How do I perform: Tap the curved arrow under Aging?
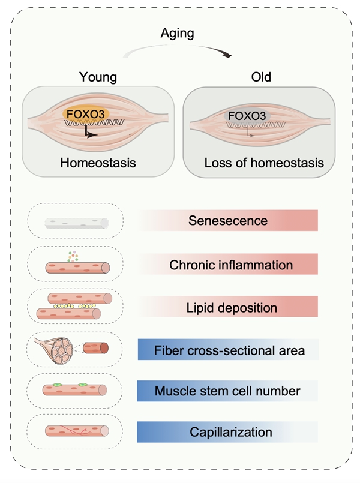(180, 50)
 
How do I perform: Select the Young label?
(98, 77)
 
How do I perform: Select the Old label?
(261, 77)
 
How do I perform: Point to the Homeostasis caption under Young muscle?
(98, 163)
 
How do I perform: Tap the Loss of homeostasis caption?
(264, 163)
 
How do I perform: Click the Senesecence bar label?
(228, 220)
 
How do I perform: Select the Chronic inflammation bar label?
(231, 264)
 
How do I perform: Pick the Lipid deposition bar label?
(231, 307)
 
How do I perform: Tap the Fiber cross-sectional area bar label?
(229, 350)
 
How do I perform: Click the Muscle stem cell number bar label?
(228, 391)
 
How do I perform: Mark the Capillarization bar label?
(231, 432)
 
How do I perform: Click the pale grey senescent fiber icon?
(76, 223)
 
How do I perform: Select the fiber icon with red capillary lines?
(76, 430)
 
